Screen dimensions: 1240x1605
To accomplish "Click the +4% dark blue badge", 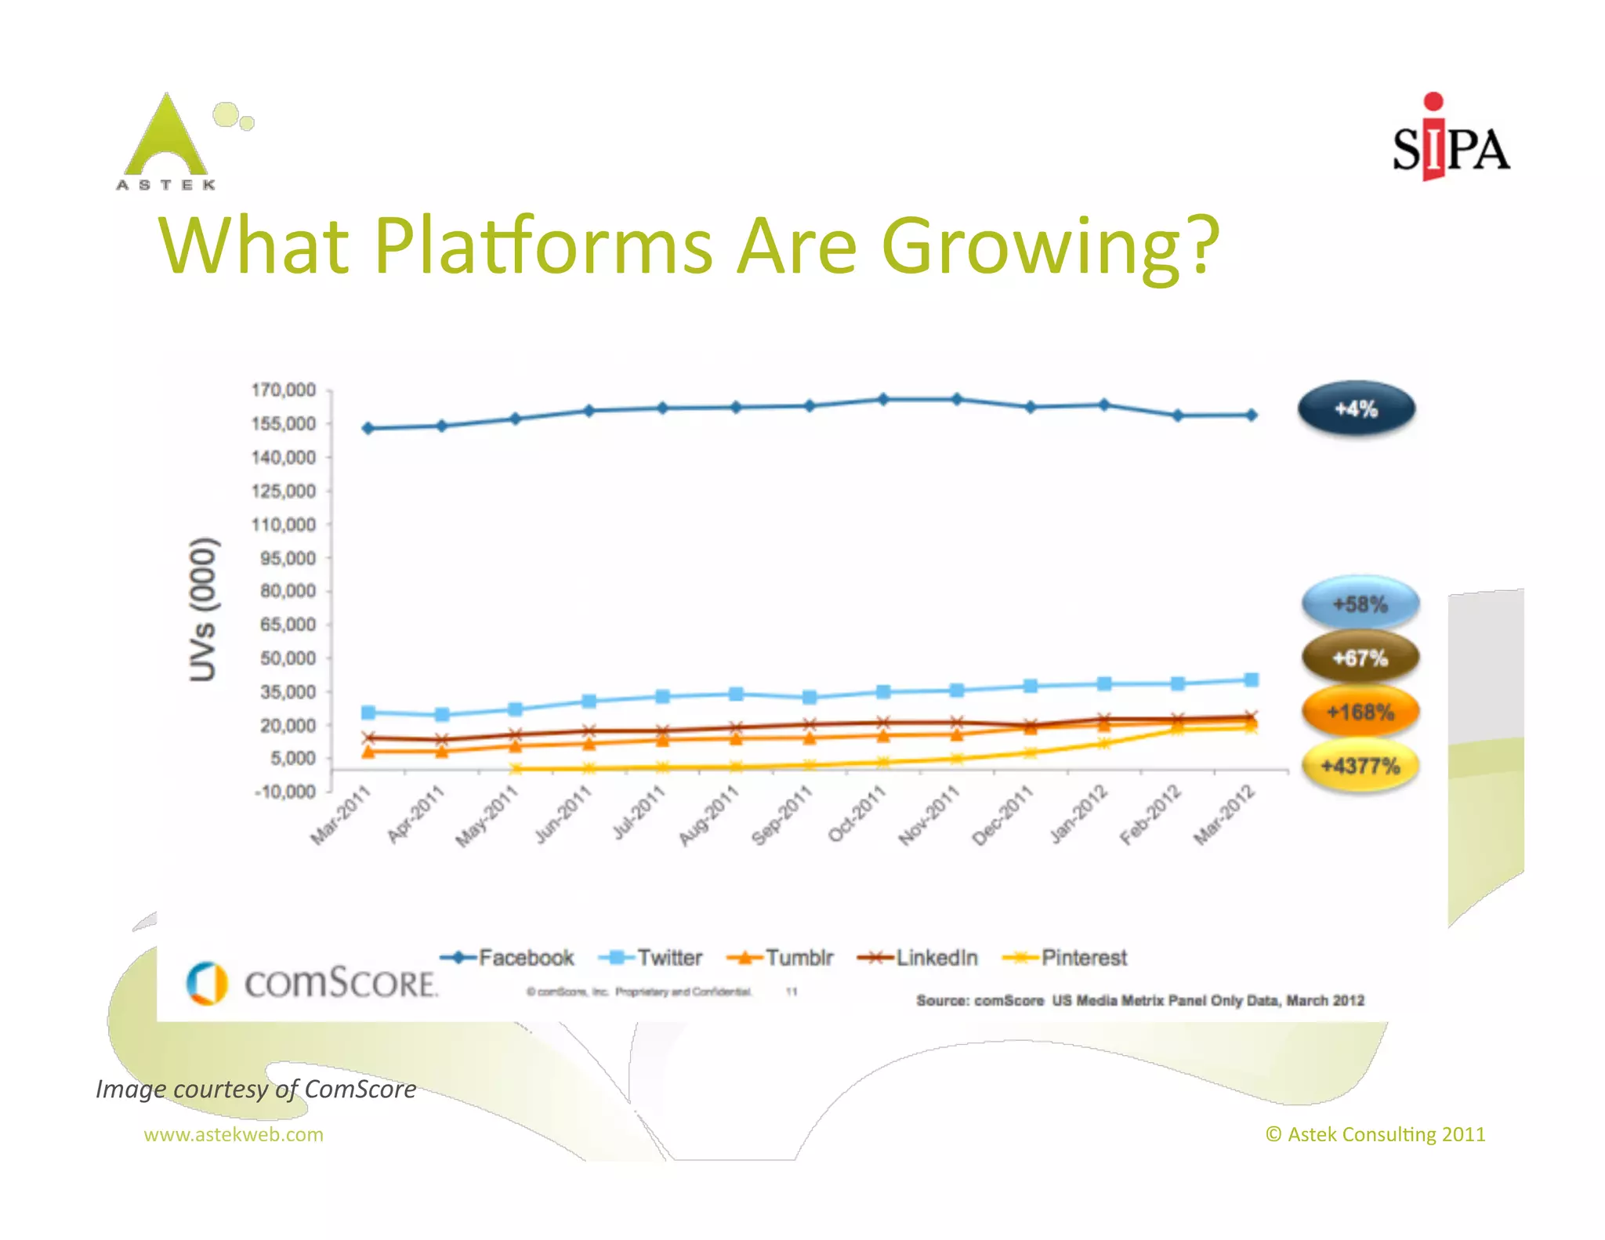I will click(x=1357, y=408).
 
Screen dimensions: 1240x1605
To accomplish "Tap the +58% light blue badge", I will click(x=1360, y=604).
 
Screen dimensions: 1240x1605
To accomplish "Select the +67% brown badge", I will click(x=1360, y=658).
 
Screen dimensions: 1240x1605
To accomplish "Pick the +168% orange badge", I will click(x=1360, y=712).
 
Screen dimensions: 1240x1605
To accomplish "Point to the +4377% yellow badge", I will click(x=1360, y=766).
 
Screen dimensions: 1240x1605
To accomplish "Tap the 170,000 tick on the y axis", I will click(x=283, y=390).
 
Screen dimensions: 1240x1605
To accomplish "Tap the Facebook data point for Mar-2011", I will click(x=368, y=428).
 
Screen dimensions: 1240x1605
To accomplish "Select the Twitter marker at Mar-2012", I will click(x=1252, y=680).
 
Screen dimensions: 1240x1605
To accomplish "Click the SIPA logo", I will click(x=1450, y=141).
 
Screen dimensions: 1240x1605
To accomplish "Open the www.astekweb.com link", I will click(x=234, y=1134).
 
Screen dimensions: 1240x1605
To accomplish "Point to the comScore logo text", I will click(x=340, y=983).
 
